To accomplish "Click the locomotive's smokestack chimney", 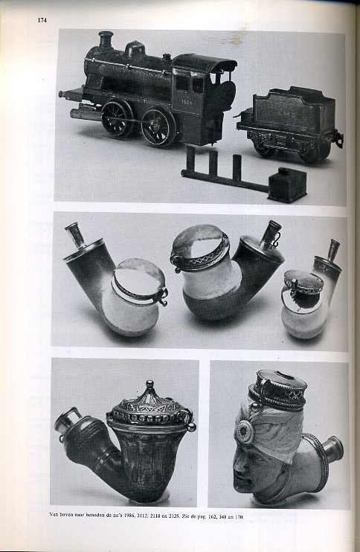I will click(x=106, y=40).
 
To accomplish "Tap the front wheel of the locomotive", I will click(x=118, y=118).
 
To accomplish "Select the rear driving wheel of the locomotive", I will click(x=158, y=126).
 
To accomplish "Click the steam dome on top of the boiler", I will click(x=135, y=50).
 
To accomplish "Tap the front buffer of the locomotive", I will click(x=67, y=94).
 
